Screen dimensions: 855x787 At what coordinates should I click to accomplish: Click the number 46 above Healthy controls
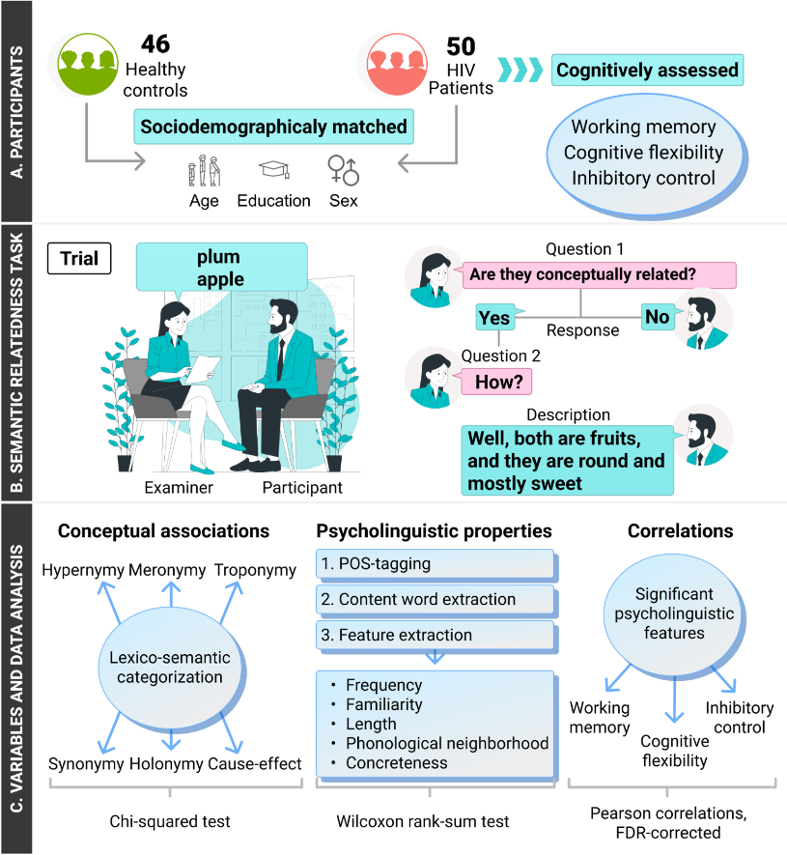(x=155, y=43)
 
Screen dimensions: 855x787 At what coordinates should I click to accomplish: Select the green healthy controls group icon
(x=88, y=63)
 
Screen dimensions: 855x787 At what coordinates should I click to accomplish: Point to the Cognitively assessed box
(x=647, y=71)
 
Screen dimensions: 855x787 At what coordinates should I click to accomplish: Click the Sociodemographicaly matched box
(x=274, y=128)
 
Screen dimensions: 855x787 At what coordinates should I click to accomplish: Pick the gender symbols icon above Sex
(x=343, y=171)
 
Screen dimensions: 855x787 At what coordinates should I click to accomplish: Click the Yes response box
(x=495, y=318)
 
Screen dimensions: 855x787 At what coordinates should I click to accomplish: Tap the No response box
(x=658, y=317)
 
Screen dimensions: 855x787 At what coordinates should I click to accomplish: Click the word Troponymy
(x=255, y=570)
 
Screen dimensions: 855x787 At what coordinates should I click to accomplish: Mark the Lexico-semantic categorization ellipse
(x=169, y=667)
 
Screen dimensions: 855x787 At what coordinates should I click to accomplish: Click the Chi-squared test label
(x=169, y=822)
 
